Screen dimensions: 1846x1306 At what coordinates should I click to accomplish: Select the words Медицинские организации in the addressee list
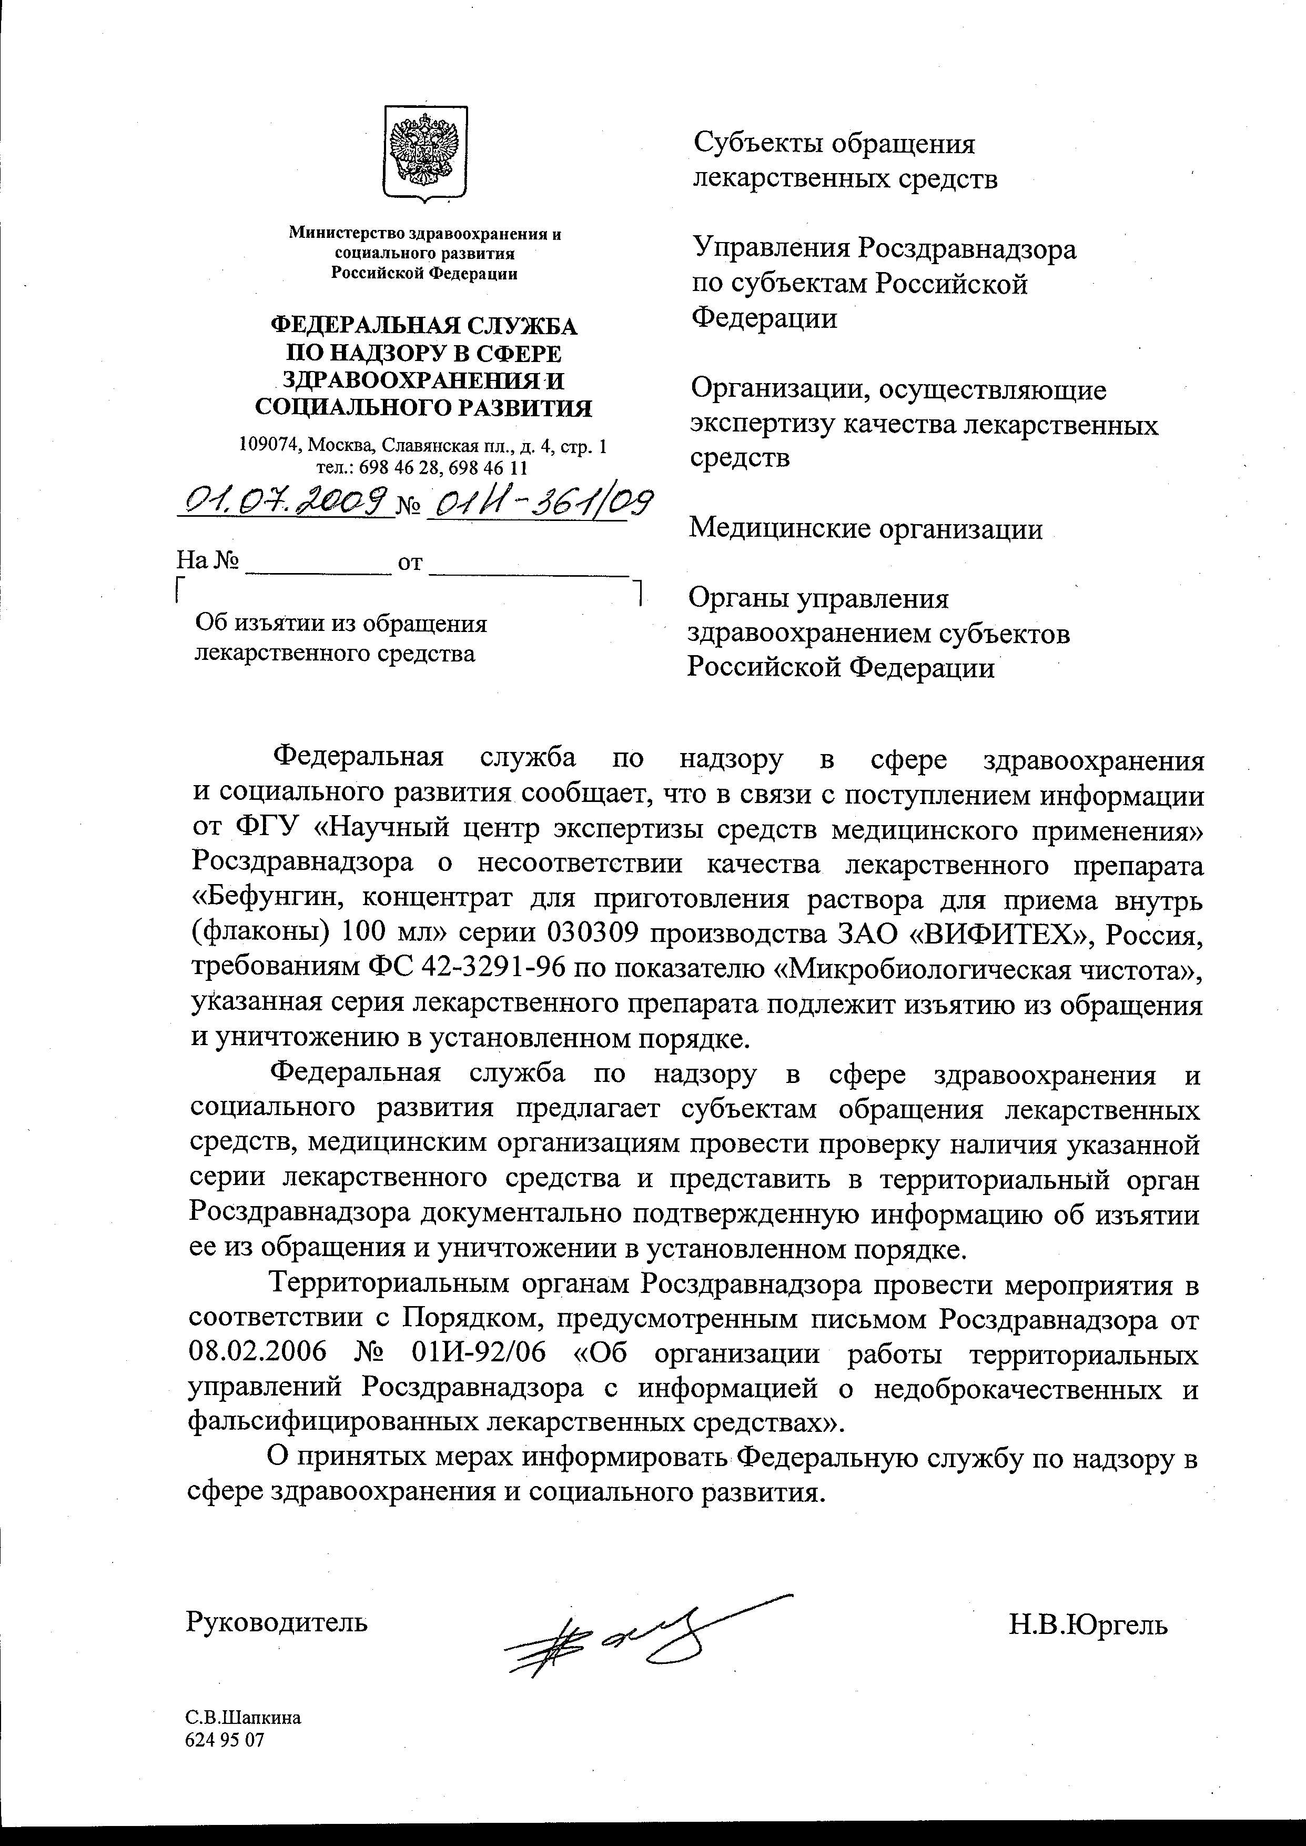[x=867, y=528]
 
